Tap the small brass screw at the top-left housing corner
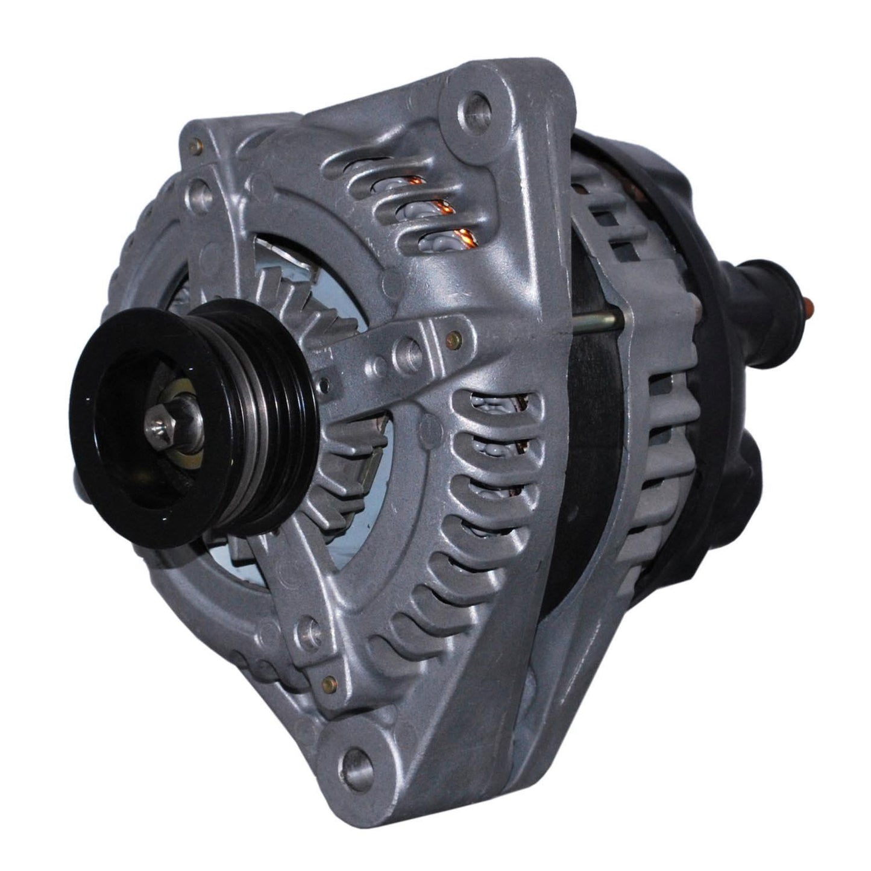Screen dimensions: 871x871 (194, 145)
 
